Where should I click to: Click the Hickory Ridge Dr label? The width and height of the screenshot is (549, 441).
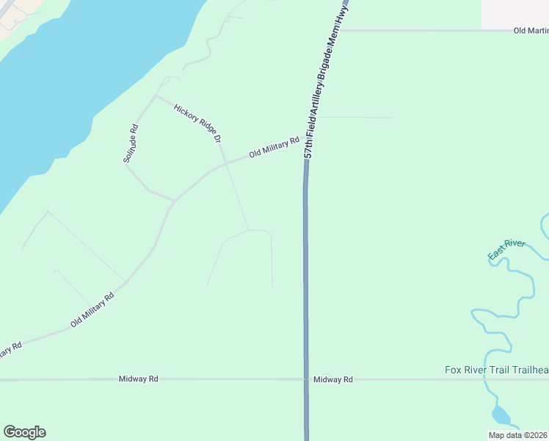[197, 123]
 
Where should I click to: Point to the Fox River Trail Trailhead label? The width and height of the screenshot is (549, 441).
[497, 370]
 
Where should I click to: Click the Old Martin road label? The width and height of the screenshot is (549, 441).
[531, 31]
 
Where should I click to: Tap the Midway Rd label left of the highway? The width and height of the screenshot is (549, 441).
[139, 379]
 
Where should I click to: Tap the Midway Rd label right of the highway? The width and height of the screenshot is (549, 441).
[332, 379]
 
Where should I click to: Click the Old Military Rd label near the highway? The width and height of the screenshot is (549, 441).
[274, 148]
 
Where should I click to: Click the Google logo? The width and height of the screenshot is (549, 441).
[24, 432]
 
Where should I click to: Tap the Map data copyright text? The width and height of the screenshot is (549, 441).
[518, 435]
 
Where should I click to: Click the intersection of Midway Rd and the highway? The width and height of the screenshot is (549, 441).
[305, 379]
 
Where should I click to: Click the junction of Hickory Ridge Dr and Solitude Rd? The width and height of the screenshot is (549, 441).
[156, 96]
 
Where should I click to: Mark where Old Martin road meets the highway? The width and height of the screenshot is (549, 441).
[338, 31]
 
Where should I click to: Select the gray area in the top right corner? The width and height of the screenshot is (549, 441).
[515, 13]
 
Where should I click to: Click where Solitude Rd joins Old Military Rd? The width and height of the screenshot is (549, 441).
[174, 200]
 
